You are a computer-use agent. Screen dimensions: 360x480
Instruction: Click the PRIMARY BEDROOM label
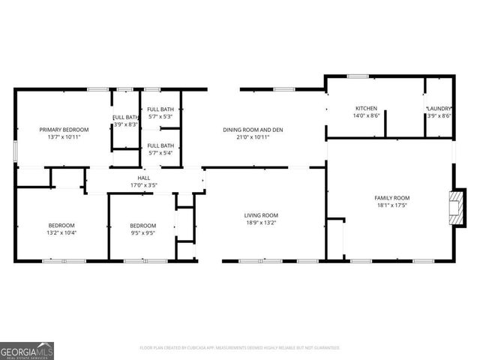pyautogui.click(x=64, y=129)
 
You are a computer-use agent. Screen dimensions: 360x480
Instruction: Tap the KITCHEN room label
pyautogui.click(x=366, y=108)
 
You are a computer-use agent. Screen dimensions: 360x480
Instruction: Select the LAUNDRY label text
pyautogui.click(x=439, y=108)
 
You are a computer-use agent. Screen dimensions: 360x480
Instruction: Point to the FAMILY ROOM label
pyautogui.click(x=392, y=197)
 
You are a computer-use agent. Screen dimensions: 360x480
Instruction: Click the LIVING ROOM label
pyautogui.click(x=261, y=215)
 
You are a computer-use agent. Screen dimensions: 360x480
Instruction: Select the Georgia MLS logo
pyautogui.click(x=27, y=350)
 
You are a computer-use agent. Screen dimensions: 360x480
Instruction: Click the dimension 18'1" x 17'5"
pyautogui.click(x=392, y=205)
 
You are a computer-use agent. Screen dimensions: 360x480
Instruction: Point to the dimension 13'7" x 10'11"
pyautogui.click(x=64, y=137)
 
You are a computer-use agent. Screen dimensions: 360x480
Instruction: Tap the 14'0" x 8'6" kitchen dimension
pyautogui.click(x=366, y=115)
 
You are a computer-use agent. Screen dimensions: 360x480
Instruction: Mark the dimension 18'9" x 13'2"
pyautogui.click(x=261, y=223)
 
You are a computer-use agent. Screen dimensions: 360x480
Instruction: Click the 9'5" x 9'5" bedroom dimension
pyautogui.click(x=142, y=232)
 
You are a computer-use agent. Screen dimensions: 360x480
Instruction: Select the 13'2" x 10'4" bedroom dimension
pyautogui.click(x=61, y=232)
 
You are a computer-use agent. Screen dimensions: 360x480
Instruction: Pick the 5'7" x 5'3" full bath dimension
pyautogui.click(x=160, y=116)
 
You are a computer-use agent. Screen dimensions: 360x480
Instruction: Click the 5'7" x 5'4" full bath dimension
pyautogui.click(x=160, y=152)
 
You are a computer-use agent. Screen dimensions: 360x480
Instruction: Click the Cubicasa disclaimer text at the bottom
pyautogui.click(x=240, y=348)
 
